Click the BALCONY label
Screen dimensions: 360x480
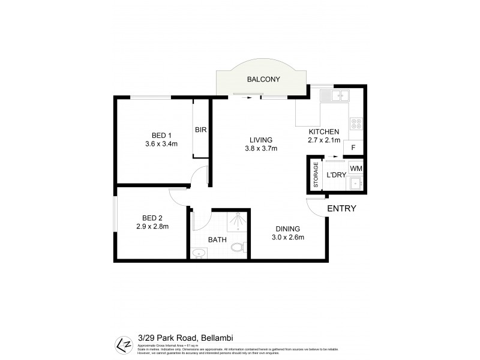point(263,79)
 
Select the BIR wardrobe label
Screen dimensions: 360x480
point(201,130)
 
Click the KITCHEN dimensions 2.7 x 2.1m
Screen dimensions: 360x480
point(324,141)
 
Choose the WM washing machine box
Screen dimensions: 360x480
point(356,169)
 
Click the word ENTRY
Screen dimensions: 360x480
point(341,209)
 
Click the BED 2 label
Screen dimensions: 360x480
point(152,217)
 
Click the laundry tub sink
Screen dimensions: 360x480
point(356,183)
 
